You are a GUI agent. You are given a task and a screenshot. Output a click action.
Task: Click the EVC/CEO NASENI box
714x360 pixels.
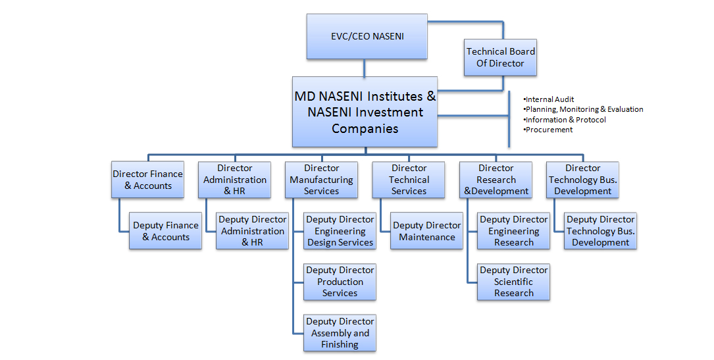pos(367,36)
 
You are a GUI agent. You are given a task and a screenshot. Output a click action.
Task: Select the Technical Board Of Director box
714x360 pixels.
pos(500,57)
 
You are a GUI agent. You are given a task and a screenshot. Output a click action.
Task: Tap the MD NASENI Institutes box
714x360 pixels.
pos(365,112)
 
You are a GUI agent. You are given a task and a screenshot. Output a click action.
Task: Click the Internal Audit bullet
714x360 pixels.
pos(549,99)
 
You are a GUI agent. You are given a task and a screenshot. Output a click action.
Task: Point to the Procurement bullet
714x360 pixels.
pos(549,130)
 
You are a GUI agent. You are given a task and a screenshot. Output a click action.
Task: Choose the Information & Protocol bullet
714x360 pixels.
pos(565,120)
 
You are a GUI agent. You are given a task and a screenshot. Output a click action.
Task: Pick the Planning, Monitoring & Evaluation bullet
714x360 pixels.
pos(583,109)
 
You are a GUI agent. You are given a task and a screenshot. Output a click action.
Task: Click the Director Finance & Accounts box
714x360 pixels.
pos(147,180)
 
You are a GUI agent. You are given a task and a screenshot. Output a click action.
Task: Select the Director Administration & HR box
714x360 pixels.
pos(235,180)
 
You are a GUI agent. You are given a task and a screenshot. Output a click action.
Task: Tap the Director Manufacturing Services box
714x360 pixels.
pos(321,180)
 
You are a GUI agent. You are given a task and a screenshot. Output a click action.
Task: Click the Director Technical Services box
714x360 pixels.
pos(409,180)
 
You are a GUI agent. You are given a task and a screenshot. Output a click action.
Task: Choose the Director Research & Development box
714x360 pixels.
pos(496,180)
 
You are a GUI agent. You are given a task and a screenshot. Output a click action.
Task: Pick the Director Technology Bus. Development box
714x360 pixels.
pos(582,180)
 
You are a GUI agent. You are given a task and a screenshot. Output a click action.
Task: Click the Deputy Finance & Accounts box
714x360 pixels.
pos(165,231)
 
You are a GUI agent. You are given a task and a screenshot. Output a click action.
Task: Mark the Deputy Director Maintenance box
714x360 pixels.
pos(427,231)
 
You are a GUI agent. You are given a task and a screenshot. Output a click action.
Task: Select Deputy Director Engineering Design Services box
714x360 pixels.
pos(340,231)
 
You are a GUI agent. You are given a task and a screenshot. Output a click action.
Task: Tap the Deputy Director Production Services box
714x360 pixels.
pos(340,282)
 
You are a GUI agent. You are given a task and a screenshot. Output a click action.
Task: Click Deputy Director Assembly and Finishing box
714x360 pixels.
pos(340,333)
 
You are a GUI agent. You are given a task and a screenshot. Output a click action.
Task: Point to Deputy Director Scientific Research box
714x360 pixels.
pos(513,282)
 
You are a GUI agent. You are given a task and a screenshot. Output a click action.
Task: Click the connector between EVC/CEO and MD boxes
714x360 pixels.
pos(364,68)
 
